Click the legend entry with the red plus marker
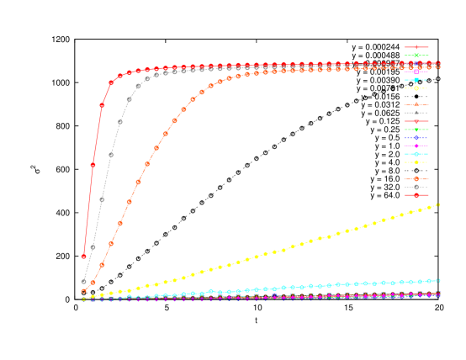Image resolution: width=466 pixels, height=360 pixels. pyautogui.click(x=416, y=47)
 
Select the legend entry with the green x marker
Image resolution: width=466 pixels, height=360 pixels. pyautogui.click(x=416, y=56)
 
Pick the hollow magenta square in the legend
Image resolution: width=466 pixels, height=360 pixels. pyautogui.click(x=416, y=71)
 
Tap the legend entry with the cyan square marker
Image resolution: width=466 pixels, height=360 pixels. pyautogui.click(x=416, y=80)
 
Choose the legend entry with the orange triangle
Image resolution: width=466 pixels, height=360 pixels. pyautogui.click(x=416, y=104)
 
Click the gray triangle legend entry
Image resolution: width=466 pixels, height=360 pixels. pyautogui.click(x=416, y=113)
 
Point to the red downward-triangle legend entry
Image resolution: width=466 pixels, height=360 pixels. pyautogui.click(x=416, y=121)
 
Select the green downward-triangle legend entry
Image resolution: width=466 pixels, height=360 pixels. pyautogui.click(x=416, y=130)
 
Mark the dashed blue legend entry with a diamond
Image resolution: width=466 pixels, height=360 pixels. pyautogui.click(x=416, y=138)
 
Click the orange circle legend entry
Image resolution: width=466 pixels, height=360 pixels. pyautogui.click(x=416, y=179)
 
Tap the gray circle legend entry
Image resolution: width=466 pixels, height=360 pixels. pyautogui.click(x=416, y=187)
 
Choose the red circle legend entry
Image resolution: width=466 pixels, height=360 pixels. pyautogui.click(x=416, y=195)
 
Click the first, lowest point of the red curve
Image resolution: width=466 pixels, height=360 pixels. pyautogui.click(x=84, y=257)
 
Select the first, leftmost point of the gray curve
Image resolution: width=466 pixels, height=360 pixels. pyautogui.click(x=84, y=282)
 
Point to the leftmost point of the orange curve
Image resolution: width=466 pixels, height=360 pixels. pyautogui.click(x=84, y=291)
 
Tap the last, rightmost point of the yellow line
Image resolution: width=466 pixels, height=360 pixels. pyautogui.click(x=438, y=204)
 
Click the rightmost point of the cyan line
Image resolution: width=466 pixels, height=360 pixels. pyautogui.click(x=438, y=280)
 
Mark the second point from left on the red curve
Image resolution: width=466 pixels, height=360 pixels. pyautogui.click(x=93, y=165)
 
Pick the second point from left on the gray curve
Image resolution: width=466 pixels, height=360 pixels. pyautogui.click(x=93, y=247)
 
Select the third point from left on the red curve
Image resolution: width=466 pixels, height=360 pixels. pyautogui.click(x=103, y=105)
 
